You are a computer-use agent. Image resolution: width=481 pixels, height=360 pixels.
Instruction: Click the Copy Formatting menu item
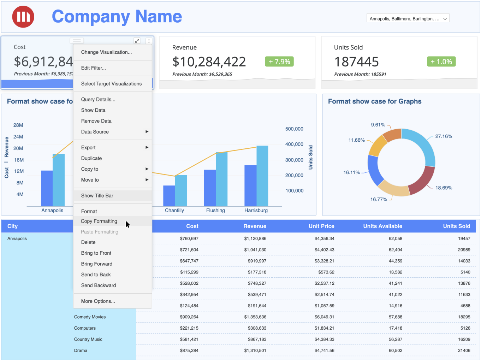(99, 221)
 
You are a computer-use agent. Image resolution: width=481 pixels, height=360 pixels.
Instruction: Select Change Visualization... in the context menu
(106, 52)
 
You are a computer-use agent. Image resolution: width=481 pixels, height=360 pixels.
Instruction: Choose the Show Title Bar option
(97, 196)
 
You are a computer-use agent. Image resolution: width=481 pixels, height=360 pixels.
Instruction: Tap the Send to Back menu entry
(96, 275)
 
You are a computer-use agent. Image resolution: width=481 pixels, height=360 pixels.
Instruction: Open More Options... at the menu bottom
(98, 301)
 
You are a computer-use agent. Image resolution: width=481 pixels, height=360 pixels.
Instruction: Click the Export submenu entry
(88, 148)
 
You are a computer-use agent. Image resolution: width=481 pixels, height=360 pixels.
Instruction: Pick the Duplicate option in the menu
(91, 159)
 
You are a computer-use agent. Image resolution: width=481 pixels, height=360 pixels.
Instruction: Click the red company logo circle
(23, 17)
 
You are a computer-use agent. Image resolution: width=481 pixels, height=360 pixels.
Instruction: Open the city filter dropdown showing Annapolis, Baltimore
(408, 19)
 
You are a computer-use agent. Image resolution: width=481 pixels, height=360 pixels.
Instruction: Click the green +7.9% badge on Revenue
(279, 62)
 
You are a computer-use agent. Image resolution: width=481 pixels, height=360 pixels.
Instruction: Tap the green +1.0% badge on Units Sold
(441, 62)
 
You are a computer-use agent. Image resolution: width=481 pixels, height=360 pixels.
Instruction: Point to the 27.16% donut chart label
(444, 136)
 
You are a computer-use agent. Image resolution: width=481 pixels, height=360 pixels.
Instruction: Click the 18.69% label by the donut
(444, 188)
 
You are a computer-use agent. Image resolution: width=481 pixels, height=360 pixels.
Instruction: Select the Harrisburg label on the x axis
(256, 211)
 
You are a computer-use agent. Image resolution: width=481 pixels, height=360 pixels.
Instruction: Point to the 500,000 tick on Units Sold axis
(294, 129)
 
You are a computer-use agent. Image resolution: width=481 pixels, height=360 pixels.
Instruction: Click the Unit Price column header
(321, 226)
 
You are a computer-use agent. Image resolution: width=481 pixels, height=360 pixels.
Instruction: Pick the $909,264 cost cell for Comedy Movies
(189, 317)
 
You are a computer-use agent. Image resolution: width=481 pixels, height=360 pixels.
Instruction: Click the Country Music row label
(88, 340)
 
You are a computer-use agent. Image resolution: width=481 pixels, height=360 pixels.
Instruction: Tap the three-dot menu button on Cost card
(149, 41)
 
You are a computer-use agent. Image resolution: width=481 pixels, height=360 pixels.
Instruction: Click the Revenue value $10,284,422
(209, 62)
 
